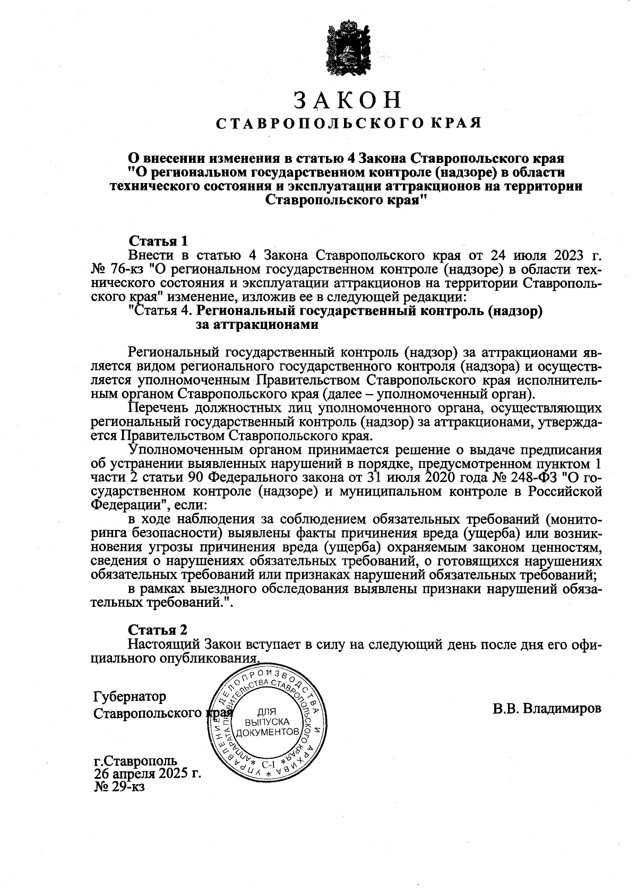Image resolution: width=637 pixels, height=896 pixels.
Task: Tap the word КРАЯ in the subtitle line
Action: coord(455,123)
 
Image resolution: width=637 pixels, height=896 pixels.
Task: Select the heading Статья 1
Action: coord(158,241)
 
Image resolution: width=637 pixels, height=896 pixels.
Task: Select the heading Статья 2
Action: coord(158,630)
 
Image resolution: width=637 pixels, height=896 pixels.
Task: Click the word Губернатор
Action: coord(130,696)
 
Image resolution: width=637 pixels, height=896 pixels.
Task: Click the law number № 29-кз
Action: coord(119,786)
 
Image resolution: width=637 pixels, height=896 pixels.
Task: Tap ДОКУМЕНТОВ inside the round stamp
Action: coord(265,733)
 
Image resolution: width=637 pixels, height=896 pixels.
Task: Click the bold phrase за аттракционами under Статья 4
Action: coord(257,325)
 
